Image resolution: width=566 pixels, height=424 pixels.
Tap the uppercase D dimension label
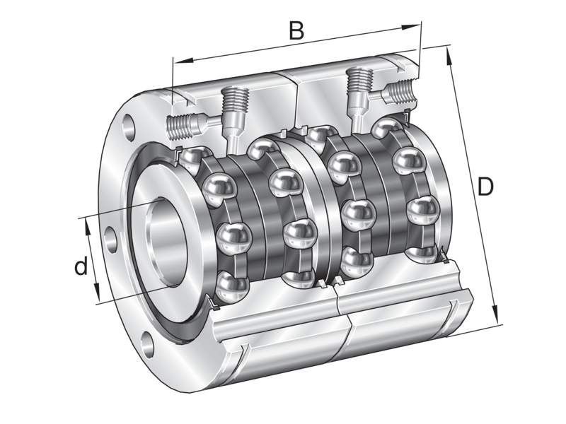pyautogui.click(x=485, y=187)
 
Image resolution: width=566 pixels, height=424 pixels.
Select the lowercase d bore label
pyautogui.click(x=82, y=266)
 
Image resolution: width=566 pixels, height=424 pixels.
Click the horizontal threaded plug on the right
pyautogui.click(x=400, y=91)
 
